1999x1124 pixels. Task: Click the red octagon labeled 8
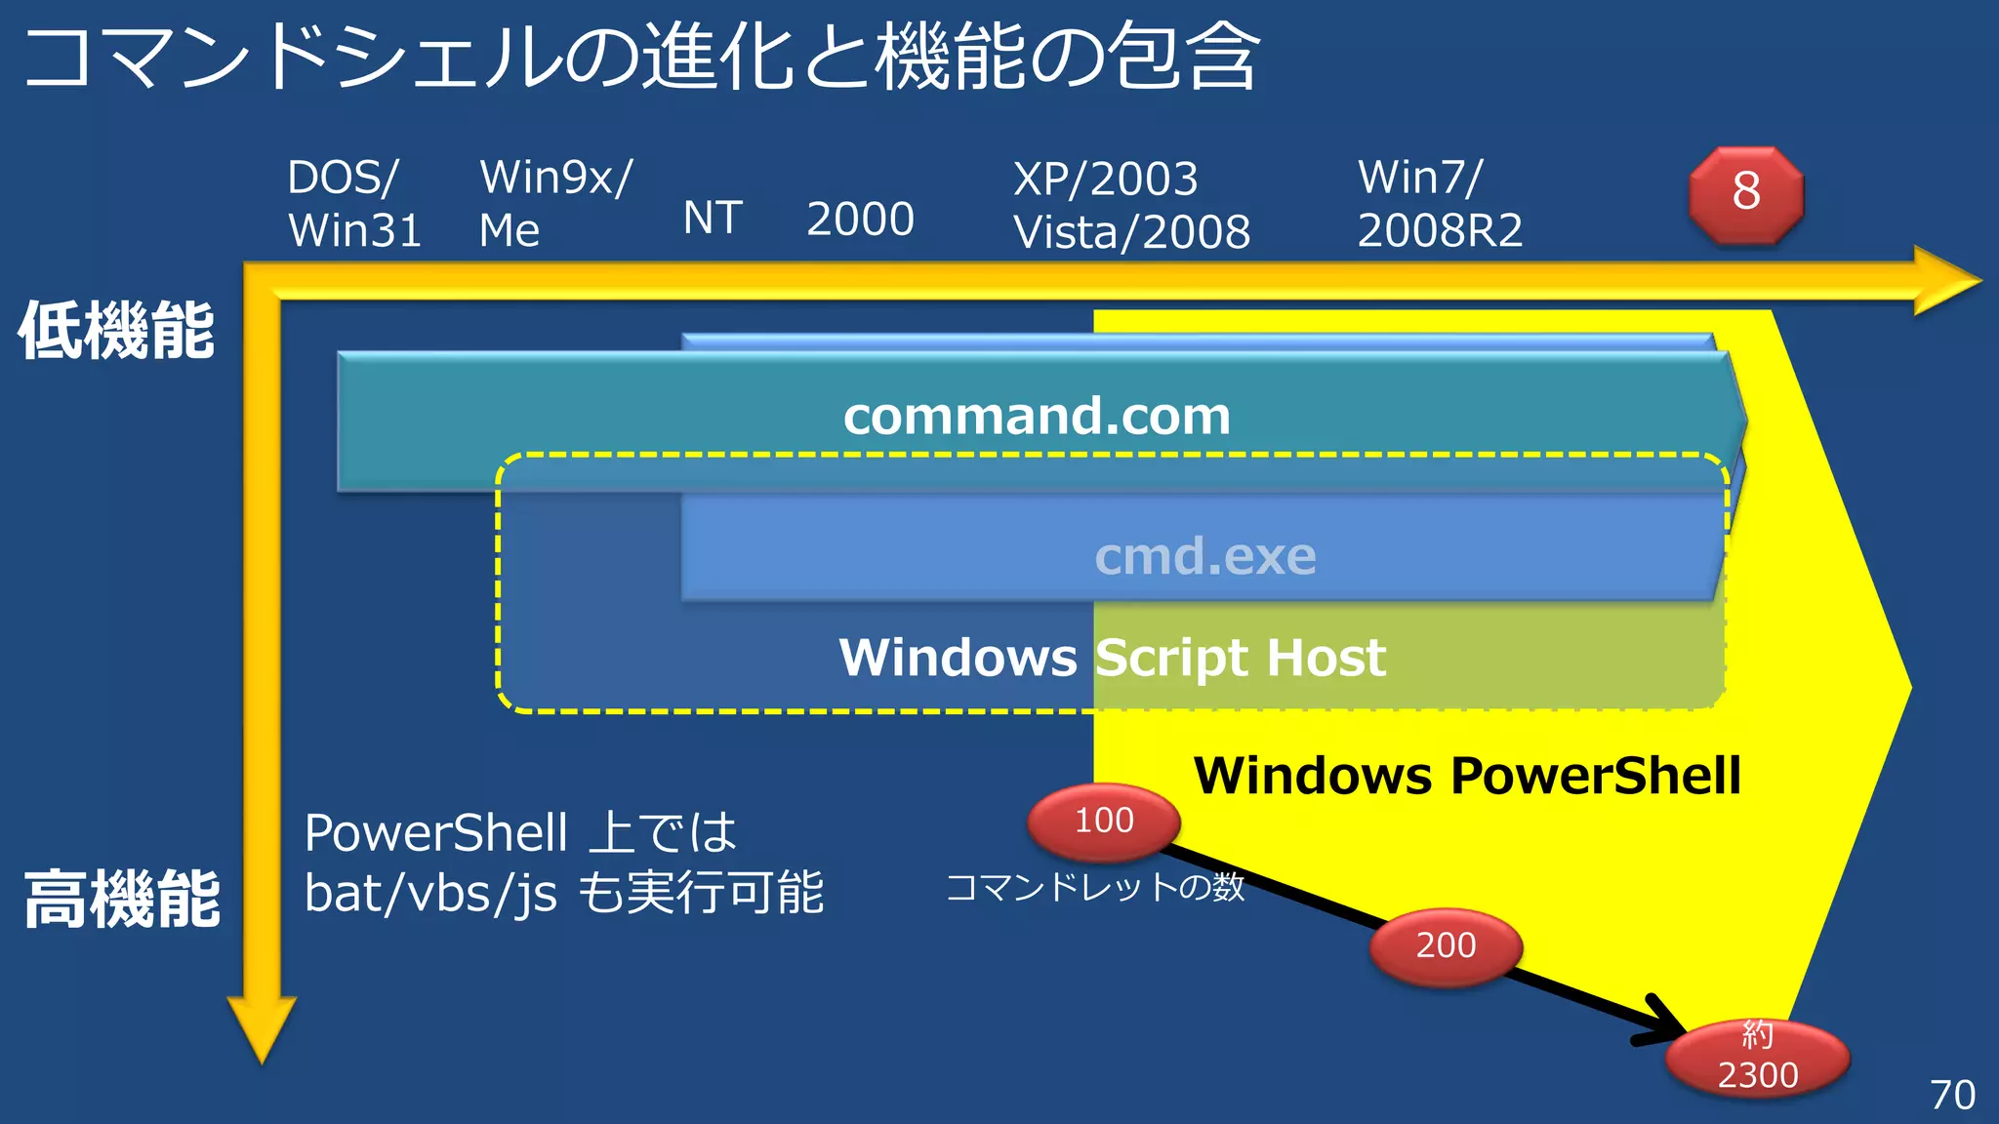click(1746, 194)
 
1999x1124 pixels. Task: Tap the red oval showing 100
click(1104, 822)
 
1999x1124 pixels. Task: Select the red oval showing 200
click(1446, 945)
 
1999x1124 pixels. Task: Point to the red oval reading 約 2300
click(1757, 1059)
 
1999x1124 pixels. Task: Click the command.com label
click(1037, 417)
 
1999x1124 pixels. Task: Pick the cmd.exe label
click(1205, 556)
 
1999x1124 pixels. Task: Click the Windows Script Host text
click(1112, 658)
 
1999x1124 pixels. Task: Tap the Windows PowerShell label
click(1467, 777)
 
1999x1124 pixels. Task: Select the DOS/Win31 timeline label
click(353, 204)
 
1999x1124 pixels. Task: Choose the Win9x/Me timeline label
click(555, 204)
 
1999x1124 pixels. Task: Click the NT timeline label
click(713, 219)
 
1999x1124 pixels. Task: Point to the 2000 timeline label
click(860, 219)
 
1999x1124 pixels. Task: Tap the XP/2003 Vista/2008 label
click(1131, 206)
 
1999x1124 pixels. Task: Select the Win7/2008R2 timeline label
click(1440, 204)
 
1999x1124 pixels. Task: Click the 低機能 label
click(116, 331)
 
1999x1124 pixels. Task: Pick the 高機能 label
click(122, 900)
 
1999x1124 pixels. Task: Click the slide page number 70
click(1952, 1095)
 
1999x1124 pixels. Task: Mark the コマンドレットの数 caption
click(1095, 887)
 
